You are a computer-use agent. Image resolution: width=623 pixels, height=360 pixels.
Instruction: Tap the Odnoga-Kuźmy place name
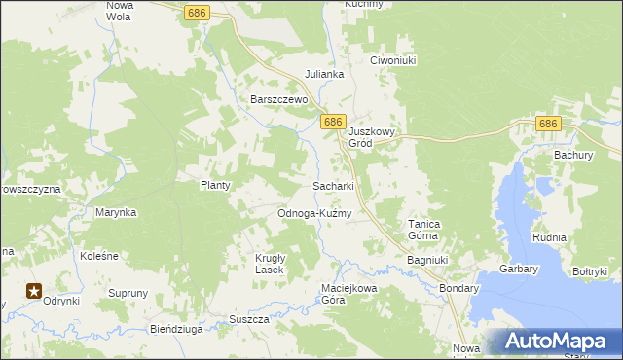click(x=313, y=213)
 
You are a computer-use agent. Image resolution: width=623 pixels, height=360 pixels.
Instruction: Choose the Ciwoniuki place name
click(x=393, y=60)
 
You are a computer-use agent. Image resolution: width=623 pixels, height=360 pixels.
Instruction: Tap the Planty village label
click(x=215, y=185)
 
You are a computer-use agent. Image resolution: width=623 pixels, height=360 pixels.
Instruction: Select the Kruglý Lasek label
click(x=263, y=264)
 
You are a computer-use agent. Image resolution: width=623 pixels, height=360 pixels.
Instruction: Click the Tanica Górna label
click(x=423, y=230)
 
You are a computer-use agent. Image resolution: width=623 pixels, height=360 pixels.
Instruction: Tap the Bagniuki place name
click(x=427, y=261)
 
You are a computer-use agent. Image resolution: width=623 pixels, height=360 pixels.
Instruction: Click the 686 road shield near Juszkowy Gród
click(x=333, y=122)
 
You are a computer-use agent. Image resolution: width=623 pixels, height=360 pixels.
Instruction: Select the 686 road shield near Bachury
click(x=549, y=124)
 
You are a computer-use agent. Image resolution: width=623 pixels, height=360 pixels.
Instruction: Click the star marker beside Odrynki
click(x=34, y=289)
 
